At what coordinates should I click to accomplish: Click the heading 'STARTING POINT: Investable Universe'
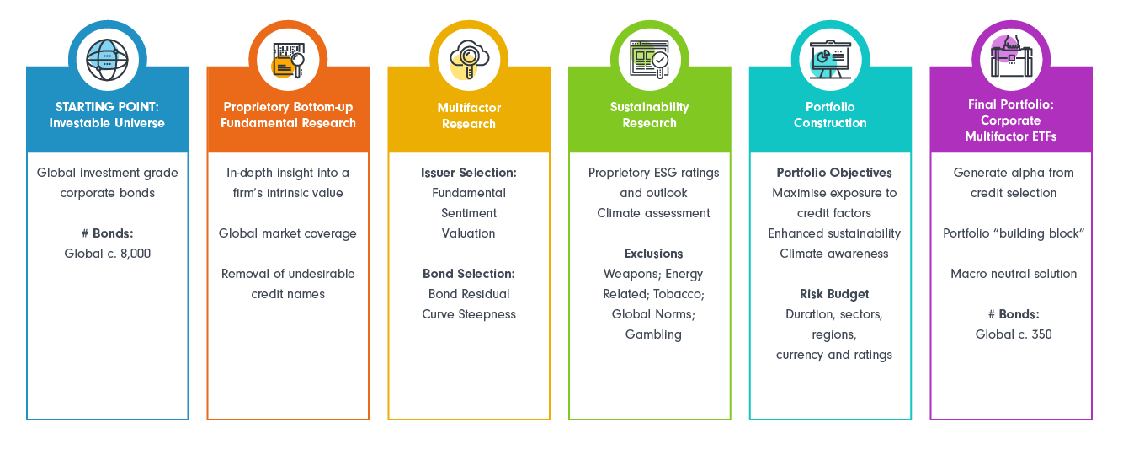[107, 115]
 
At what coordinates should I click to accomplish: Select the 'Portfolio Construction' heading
[829, 115]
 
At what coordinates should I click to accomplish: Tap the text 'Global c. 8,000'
[107, 254]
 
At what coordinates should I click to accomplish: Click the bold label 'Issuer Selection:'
[468, 173]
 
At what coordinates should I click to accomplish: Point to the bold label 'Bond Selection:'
[468, 274]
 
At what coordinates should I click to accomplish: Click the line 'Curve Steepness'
[468, 314]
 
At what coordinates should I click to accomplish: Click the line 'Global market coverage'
[287, 233]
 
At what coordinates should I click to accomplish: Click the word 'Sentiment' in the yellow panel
[468, 213]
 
